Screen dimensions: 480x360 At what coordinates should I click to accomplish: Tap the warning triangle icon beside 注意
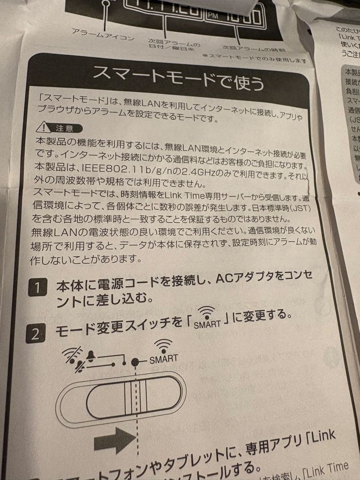[x=44, y=128]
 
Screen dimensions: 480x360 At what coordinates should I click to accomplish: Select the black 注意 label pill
[x=65, y=128]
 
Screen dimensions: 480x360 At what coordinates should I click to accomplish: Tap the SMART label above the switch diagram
[x=163, y=358]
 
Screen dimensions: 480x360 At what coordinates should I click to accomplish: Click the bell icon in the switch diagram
[x=91, y=356]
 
